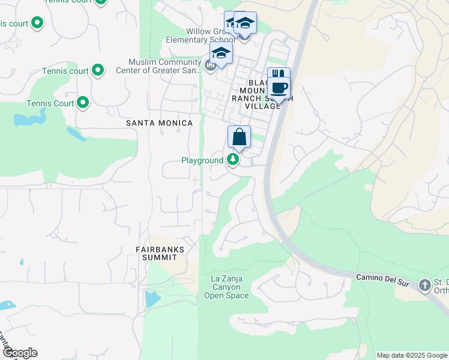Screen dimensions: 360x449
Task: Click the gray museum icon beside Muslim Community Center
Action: pos(211,66)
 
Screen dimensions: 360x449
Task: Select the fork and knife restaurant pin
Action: pos(278,76)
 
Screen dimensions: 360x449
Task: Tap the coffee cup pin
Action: pos(279,88)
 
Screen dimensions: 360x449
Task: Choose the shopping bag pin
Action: pos(239,137)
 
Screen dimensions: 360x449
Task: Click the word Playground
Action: pos(202,160)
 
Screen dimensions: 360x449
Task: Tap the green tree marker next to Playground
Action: pos(233,160)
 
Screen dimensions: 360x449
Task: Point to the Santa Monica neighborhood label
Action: pos(159,123)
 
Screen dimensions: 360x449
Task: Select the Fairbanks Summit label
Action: pos(159,253)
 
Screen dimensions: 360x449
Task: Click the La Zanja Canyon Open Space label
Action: pos(226,287)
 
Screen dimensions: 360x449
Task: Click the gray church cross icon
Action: pos(425,284)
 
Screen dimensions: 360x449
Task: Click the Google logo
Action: pos(20,353)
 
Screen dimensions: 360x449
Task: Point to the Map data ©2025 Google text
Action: pos(412,355)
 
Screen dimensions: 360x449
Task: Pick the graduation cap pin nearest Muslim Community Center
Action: pos(221,52)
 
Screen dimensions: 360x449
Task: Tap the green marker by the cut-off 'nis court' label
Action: pos(37,23)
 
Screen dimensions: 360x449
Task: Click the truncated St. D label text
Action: pos(441,283)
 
